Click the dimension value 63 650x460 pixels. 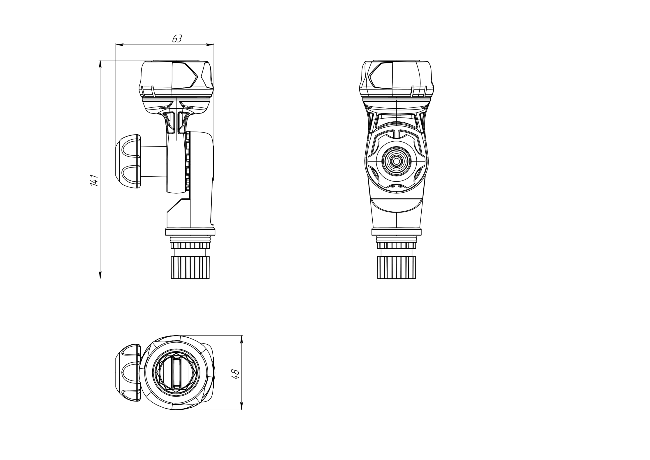177,39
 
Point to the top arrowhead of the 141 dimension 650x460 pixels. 100,64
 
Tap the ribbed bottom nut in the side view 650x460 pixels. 190,267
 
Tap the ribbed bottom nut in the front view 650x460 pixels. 396,267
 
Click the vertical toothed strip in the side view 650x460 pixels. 187,161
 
